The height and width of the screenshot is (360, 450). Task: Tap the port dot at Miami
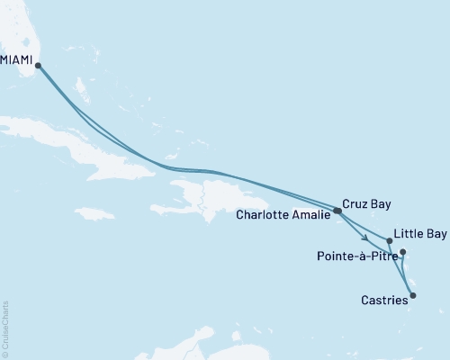[37, 64]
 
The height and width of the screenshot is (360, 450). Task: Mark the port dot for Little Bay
[389, 240]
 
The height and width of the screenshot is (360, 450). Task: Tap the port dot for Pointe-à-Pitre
[402, 252]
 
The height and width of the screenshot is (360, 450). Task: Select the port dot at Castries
[413, 294]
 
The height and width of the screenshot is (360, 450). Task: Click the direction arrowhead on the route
[364, 238]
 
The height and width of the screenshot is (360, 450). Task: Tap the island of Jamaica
[95, 214]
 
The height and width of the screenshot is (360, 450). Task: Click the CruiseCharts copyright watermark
[5, 328]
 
